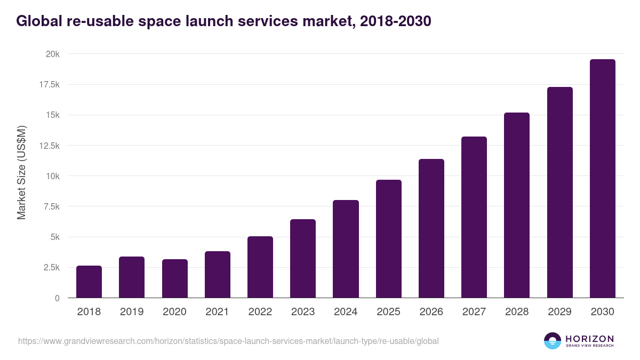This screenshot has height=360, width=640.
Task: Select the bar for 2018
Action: (89, 282)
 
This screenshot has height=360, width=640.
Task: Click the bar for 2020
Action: (175, 278)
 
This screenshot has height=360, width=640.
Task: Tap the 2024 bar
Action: (346, 249)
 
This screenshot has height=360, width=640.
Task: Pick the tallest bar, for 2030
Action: (602, 179)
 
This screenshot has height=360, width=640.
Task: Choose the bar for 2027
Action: (474, 217)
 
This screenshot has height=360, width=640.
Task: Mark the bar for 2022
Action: (260, 267)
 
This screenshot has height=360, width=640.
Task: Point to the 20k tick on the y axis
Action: (52, 54)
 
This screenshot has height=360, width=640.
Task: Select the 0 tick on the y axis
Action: (57, 298)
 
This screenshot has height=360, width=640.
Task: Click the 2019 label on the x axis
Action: (132, 312)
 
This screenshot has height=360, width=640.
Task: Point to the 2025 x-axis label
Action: (388, 312)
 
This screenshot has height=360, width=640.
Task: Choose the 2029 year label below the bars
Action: (559, 312)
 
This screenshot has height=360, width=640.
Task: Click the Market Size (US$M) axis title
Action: (21, 172)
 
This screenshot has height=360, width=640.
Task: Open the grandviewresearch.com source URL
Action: (228, 341)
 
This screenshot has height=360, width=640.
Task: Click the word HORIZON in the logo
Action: (589, 338)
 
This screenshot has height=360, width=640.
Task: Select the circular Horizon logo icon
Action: (552, 341)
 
